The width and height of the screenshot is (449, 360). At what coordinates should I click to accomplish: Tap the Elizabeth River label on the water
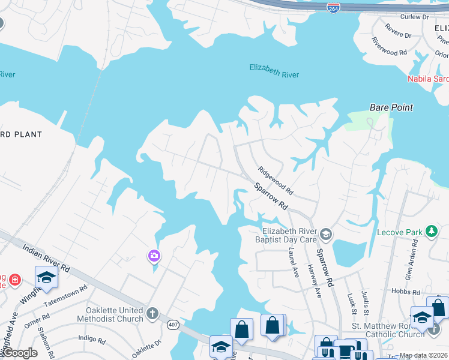(274, 71)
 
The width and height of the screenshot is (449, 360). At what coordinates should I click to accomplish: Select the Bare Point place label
(391, 107)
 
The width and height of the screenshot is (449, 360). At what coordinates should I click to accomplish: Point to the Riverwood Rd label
(390, 48)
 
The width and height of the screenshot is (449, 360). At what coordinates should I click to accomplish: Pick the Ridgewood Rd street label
(275, 181)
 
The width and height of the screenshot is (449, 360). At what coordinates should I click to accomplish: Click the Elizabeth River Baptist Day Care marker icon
(325, 233)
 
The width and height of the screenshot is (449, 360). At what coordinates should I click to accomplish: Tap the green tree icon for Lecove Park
(430, 231)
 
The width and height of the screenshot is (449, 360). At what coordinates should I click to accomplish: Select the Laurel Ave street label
(293, 262)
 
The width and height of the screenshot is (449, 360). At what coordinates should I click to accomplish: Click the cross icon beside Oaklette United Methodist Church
(152, 313)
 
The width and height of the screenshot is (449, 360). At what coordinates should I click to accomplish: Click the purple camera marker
(154, 257)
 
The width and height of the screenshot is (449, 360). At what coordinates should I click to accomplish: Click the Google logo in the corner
(19, 353)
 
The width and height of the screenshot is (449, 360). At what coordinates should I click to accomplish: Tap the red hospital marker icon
(13, 280)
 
